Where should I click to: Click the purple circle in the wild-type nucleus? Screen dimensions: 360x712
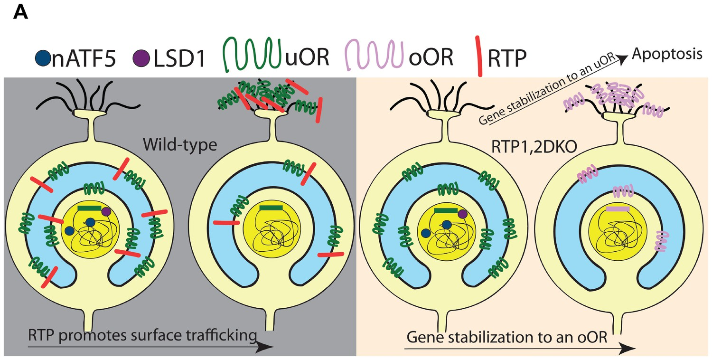(x=106, y=211)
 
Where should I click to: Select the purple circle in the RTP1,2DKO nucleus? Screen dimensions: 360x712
(x=463, y=214)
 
